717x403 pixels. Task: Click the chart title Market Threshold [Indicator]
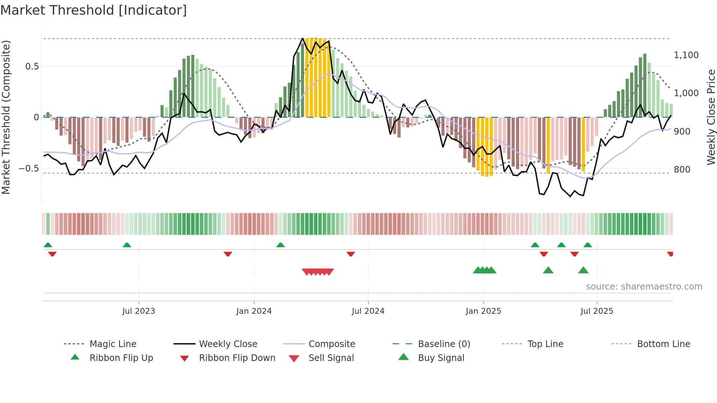point(94,10)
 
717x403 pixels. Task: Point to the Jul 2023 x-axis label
point(139,311)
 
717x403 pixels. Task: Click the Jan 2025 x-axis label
point(483,311)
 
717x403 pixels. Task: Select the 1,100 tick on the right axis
point(686,55)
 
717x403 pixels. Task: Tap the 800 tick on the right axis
point(682,170)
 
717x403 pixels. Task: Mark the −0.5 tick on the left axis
point(29,169)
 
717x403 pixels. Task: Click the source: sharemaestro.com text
point(644,287)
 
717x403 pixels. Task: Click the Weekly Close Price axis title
point(711,117)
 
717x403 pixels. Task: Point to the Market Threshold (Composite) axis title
point(6,117)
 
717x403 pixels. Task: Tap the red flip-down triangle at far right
point(670,254)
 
